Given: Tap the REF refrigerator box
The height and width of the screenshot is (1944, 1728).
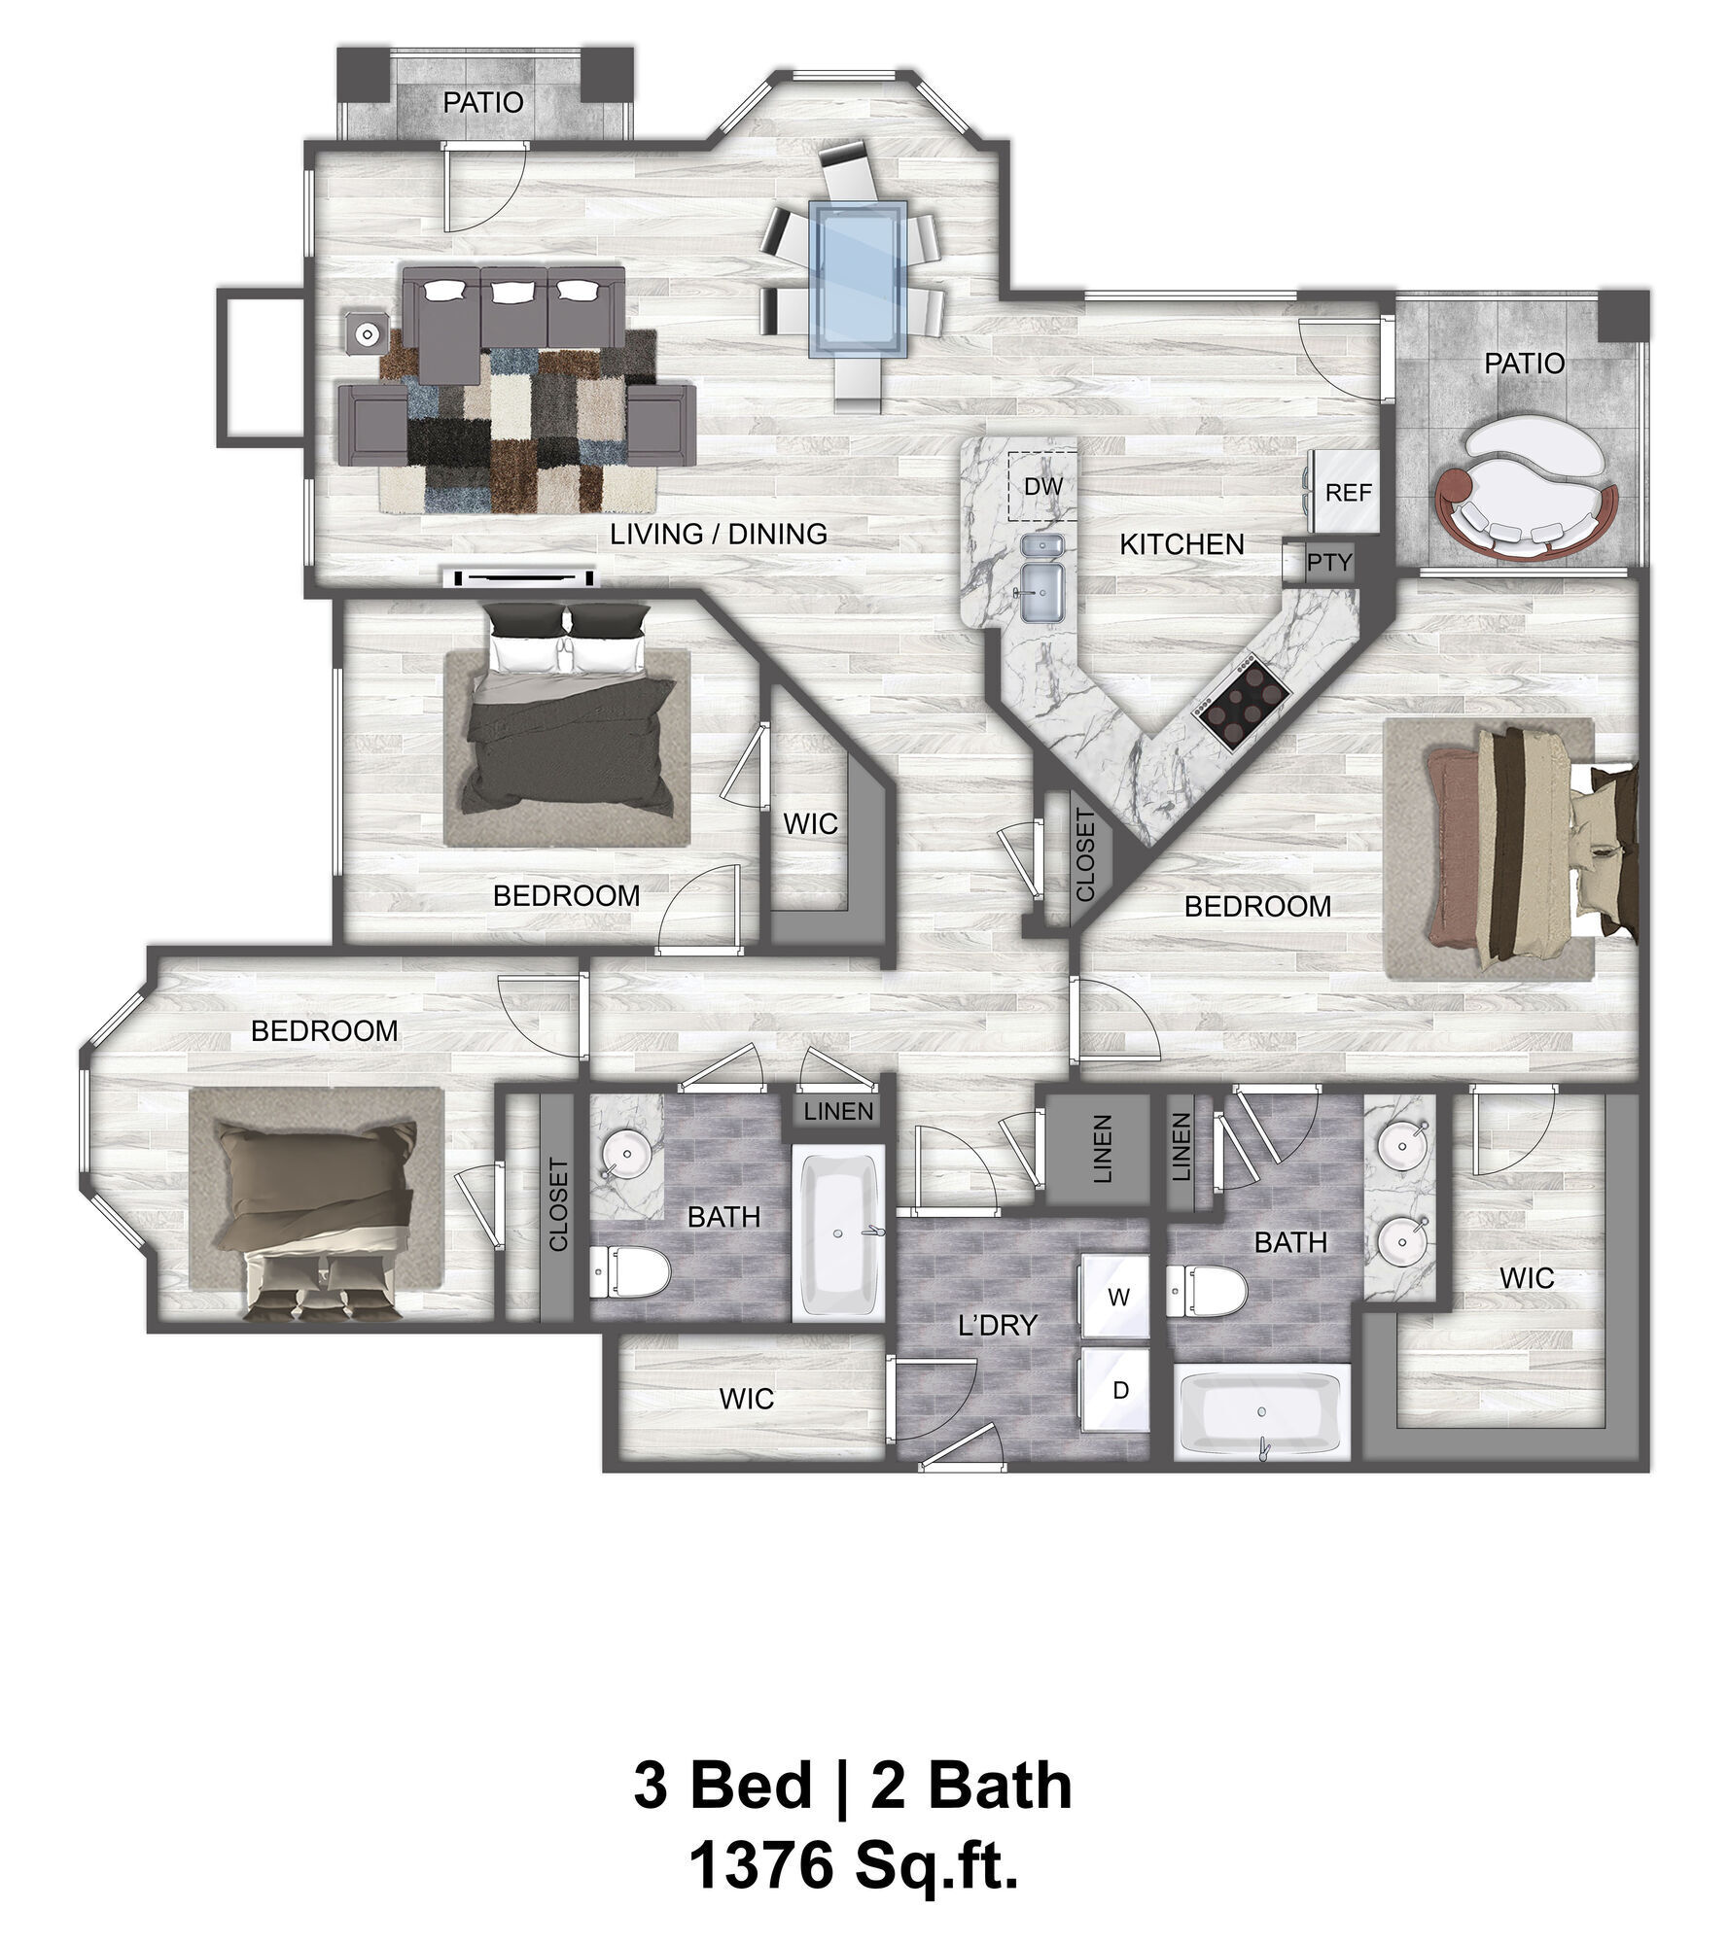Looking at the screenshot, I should pos(1348,492).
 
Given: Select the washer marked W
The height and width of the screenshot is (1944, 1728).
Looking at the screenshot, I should pos(1118,1297).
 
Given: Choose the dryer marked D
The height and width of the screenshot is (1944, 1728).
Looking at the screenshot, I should pos(1118,1391).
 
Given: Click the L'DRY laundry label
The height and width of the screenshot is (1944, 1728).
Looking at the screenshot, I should pos(998,1325).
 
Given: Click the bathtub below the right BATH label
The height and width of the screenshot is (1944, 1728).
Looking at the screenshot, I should pos(1261,1412).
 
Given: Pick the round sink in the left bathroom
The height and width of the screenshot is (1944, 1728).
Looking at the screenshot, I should pos(625,1157).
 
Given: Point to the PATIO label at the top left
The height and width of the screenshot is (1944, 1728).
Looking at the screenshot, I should pos(483,103).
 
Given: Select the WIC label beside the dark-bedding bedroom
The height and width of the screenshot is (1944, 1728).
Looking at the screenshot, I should pos(810,824).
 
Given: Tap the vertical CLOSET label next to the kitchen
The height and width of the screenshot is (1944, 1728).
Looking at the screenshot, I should pos(1085,855).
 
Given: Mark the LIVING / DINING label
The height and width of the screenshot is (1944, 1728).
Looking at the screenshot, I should pos(718,534).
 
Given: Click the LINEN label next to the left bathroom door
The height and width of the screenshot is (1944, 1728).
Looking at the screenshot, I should pos(838,1110).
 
